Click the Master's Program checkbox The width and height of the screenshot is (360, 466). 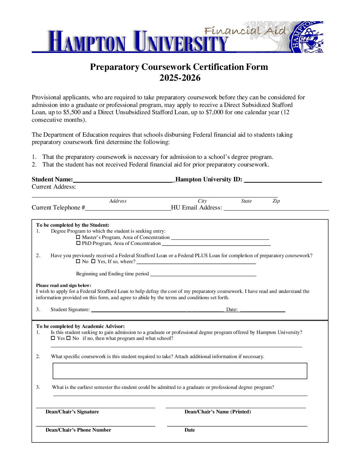pos(78,237)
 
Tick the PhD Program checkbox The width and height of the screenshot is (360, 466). pos(78,243)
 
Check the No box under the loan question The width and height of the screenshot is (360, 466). pos(78,261)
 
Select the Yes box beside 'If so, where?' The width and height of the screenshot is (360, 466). pos(93,261)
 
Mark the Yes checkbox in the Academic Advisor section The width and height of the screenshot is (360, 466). pos(53,338)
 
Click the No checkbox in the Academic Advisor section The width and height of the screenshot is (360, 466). pos(68,338)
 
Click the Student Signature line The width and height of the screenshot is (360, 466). pos(157,310)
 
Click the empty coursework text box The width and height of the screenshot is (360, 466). pos(180,371)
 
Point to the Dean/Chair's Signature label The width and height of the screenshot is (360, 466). pos(72,412)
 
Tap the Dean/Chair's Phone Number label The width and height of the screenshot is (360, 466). pos(78,430)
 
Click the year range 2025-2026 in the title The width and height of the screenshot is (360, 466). pos(180,78)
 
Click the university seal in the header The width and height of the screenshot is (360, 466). pos(307,37)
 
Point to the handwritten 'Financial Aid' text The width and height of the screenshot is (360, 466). pos(245,31)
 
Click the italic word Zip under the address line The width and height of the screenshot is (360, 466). pos(276,201)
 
